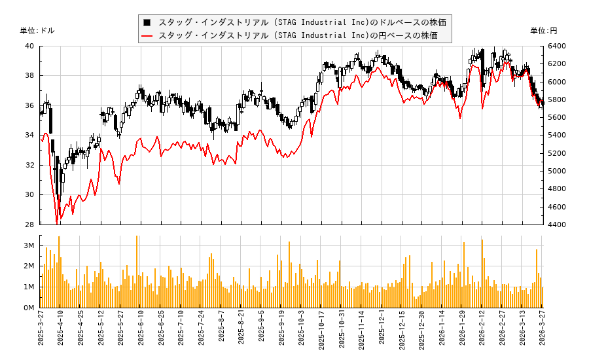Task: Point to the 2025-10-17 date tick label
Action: point(321,333)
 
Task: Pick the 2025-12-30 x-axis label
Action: point(421,333)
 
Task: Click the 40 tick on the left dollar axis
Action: point(30,46)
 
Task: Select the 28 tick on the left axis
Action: point(30,225)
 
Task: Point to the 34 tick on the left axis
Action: point(30,135)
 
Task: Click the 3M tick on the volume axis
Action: point(29,245)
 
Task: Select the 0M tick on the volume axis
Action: point(29,308)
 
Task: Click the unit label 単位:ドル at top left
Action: point(37,31)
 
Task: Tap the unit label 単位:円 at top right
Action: point(544,31)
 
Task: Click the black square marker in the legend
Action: point(148,22)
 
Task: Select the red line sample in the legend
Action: point(148,35)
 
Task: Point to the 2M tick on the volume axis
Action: point(29,266)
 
